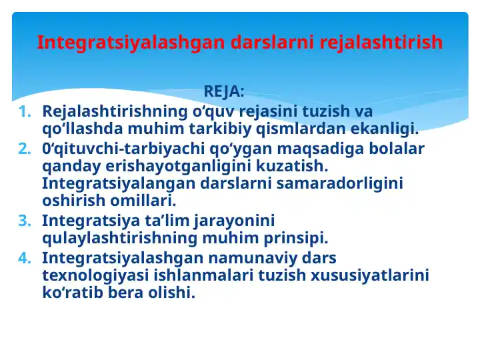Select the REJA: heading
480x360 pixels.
pyautogui.click(x=223, y=91)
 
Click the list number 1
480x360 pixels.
pyautogui.click(x=25, y=111)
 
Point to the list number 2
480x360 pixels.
pyautogui.click(x=25, y=148)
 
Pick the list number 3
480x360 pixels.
pyautogui.click(x=25, y=220)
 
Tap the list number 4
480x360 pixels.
pyautogui.click(x=25, y=257)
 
